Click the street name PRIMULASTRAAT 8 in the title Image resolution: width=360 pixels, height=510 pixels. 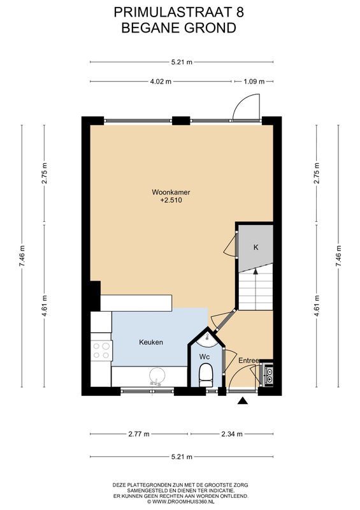(x=179, y=11)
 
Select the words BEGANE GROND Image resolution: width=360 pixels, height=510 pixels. (x=179, y=27)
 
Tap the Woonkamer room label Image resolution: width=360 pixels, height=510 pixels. (x=171, y=192)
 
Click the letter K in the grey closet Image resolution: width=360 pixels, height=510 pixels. (x=256, y=247)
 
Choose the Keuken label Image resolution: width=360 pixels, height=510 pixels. (x=151, y=342)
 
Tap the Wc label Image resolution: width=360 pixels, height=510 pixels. (x=204, y=356)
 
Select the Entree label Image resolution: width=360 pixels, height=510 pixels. (x=248, y=361)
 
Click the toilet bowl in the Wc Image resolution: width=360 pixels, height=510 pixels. (x=205, y=374)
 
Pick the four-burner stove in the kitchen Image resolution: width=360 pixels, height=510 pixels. (x=102, y=351)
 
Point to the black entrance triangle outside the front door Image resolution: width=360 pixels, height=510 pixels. (x=243, y=400)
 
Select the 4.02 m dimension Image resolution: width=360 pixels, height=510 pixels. (x=161, y=82)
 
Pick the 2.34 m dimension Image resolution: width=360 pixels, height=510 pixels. (x=233, y=434)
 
